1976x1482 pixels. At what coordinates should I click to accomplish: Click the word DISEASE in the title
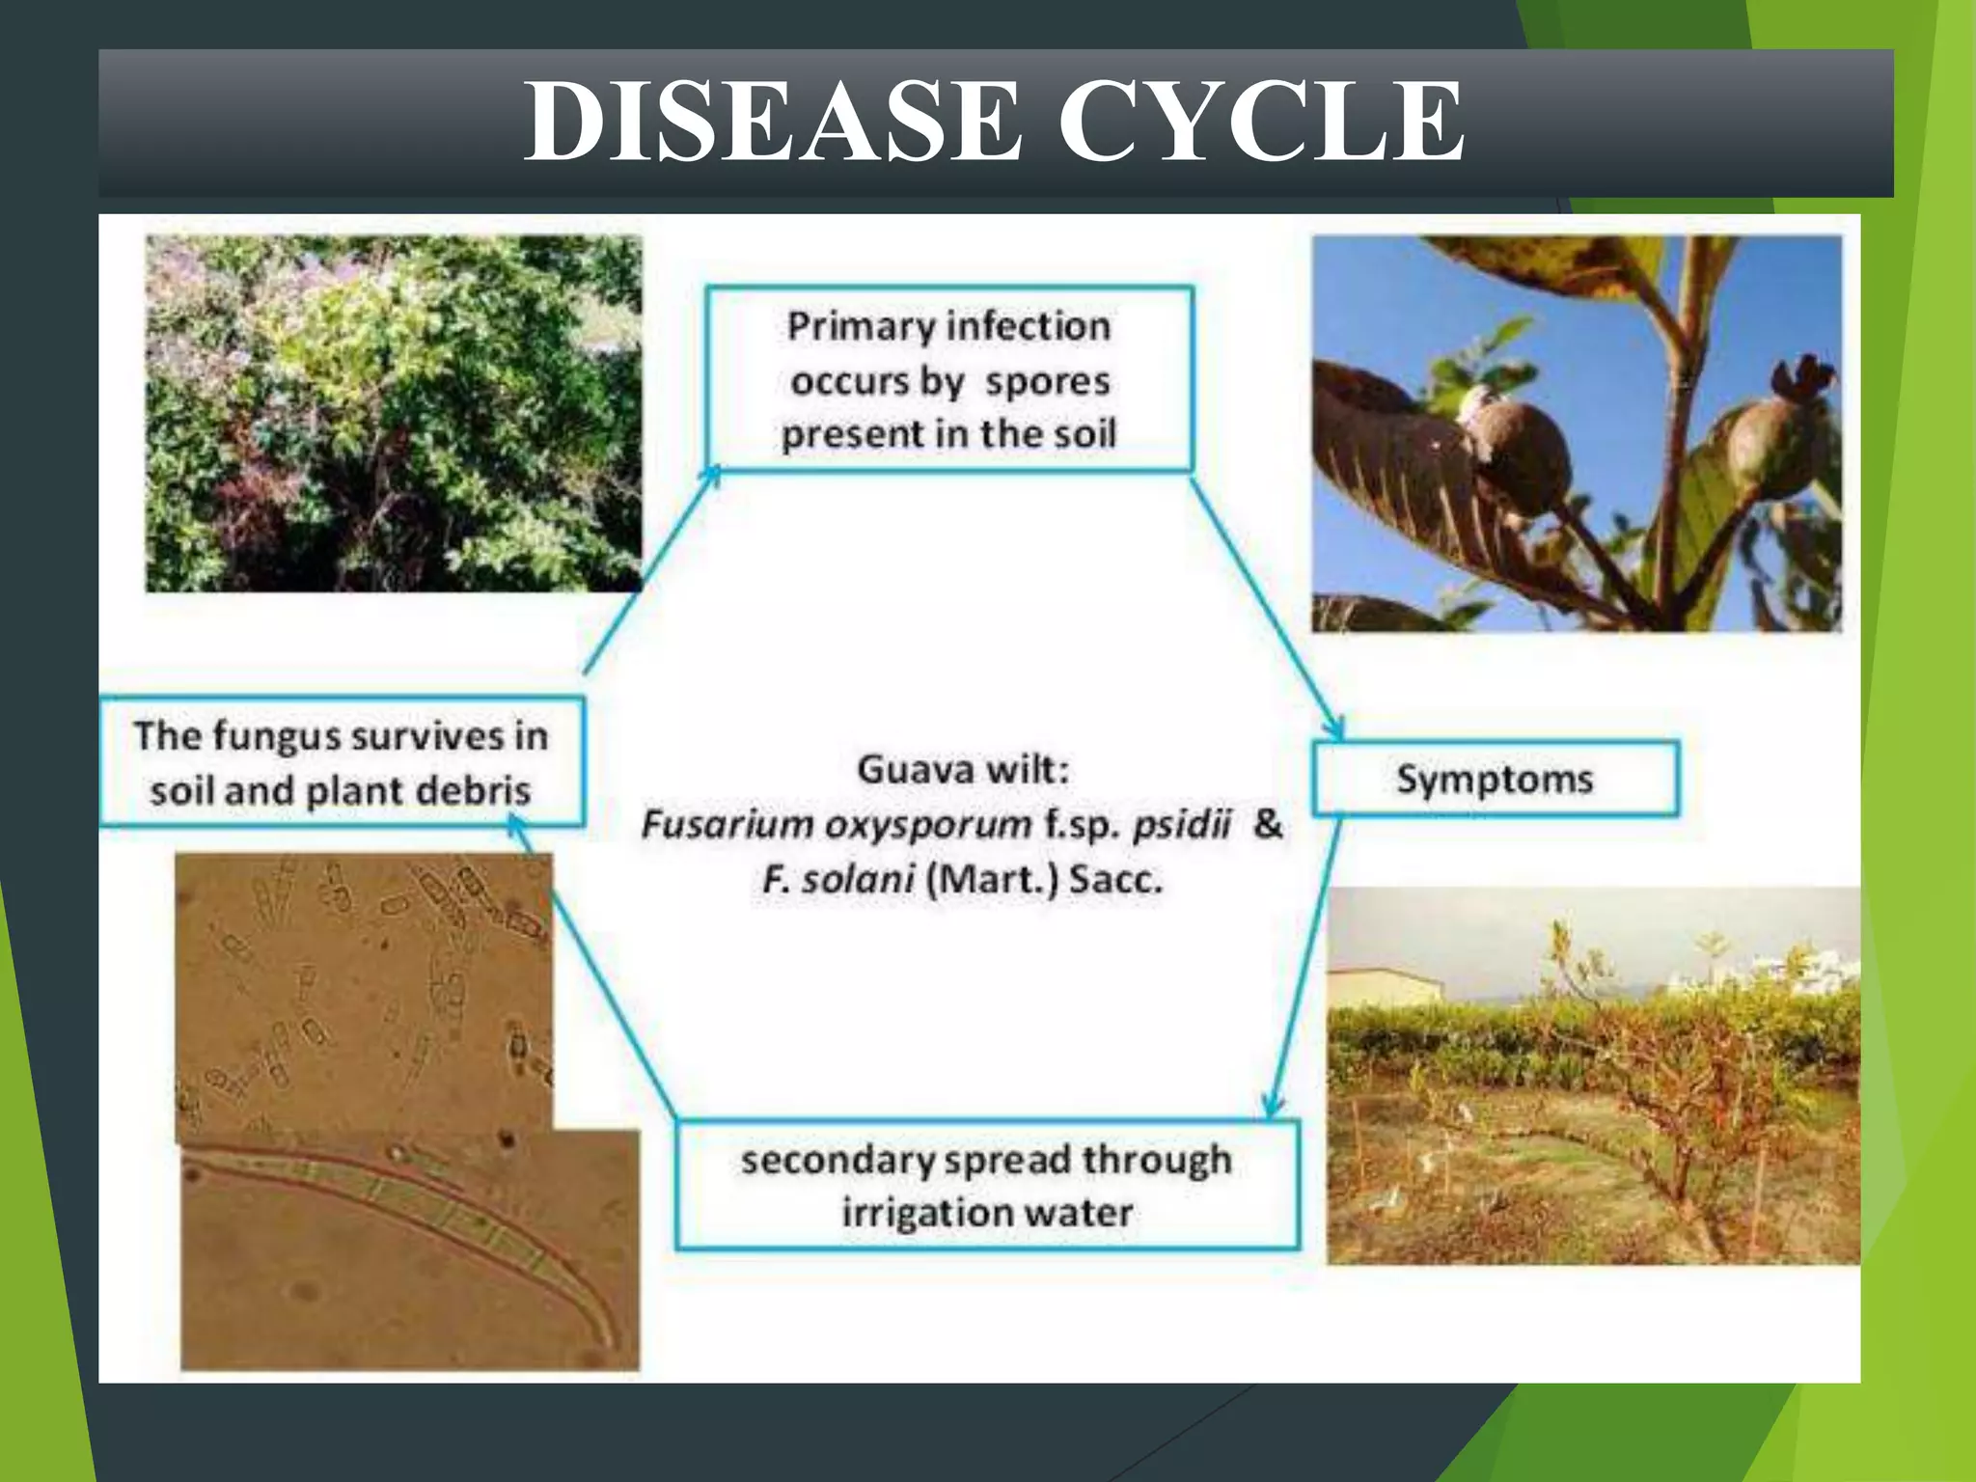coord(772,122)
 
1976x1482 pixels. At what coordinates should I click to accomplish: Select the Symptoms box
coord(1495,778)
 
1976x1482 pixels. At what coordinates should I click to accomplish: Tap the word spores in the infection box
coord(1047,381)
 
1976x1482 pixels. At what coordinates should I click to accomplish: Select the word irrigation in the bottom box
coord(916,1213)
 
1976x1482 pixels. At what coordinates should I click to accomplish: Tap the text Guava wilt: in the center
coord(963,770)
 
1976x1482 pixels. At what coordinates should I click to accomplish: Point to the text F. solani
coord(837,880)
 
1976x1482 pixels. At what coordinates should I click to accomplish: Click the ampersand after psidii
coord(1267,823)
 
